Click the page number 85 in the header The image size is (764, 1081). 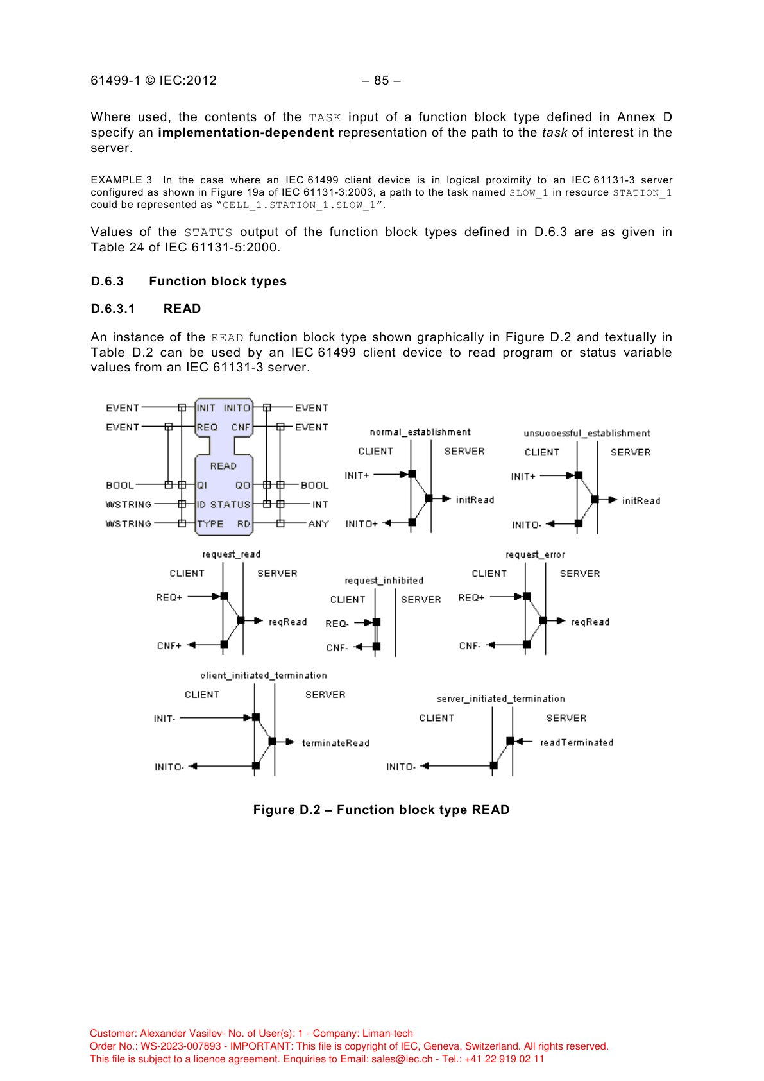[x=382, y=81]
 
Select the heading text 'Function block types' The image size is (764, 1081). [x=217, y=282]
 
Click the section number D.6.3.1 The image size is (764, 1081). [x=113, y=309]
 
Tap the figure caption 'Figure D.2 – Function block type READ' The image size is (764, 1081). [x=381, y=810]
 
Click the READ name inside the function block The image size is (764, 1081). [x=223, y=466]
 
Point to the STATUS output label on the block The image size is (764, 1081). [x=230, y=505]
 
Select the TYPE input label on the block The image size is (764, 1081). [x=210, y=524]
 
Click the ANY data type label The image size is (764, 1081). [x=319, y=524]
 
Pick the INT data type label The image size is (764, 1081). [x=320, y=505]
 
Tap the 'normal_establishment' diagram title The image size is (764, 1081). [x=420, y=432]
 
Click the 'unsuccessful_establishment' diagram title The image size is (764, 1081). [x=587, y=434]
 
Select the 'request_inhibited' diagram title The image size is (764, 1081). [x=384, y=581]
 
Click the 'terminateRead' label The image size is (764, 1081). [x=335, y=743]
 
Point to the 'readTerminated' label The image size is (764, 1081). [x=577, y=743]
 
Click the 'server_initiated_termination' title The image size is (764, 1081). [x=501, y=699]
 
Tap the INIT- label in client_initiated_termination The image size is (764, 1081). [x=165, y=719]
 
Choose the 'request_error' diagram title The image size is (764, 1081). [x=535, y=555]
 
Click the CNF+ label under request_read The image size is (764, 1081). [x=169, y=646]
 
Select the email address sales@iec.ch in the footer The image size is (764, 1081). [x=402, y=1059]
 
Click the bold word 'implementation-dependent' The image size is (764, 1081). [x=246, y=133]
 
